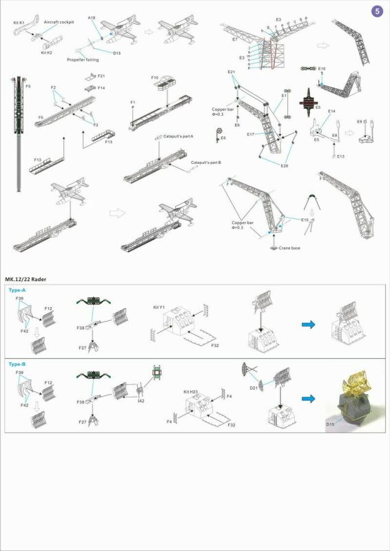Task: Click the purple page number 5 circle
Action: [x=376, y=11]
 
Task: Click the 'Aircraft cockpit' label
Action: [x=59, y=22]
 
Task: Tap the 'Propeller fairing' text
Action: [x=83, y=60]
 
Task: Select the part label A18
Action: [x=92, y=17]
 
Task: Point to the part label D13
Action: [x=116, y=52]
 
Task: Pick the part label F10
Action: [x=155, y=78]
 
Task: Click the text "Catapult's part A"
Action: [x=177, y=137]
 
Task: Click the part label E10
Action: [x=321, y=69]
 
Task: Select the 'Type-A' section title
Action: [x=17, y=291]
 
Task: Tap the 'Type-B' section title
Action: [x=17, y=363]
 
